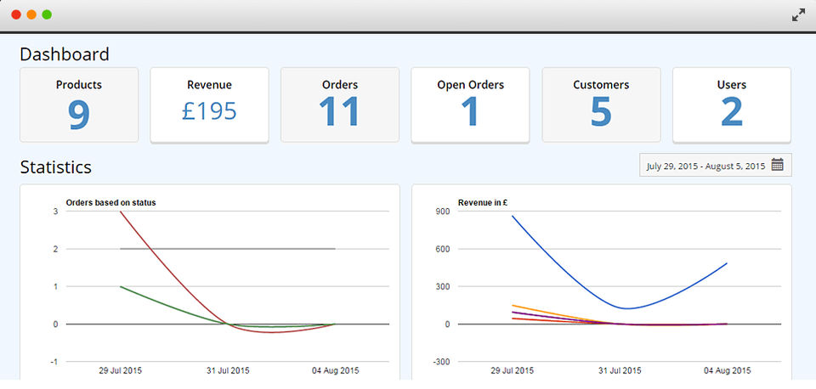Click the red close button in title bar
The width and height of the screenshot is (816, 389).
pyautogui.click(x=16, y=14)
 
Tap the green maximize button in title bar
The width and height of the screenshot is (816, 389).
pyautogui.click(x=47, y=14)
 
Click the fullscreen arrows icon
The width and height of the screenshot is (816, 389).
pyautogui.click(x=798, y=14)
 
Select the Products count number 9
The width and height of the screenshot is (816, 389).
pyautogui.click(x=79, y=114)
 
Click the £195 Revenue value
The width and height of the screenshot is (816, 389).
pyautogui.click(x=209, y=111)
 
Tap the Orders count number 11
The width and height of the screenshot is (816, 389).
pyautogui.click(x=339, y=113)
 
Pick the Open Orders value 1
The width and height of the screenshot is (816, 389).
pyautogui.click(x=470, y=113)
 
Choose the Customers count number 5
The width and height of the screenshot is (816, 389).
pyautogui.click(x=601, y=113)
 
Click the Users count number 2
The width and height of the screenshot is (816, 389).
pyautogui.click(x=731, y=113)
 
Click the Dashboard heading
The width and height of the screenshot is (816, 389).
pyautogui.click(x=65, y=54)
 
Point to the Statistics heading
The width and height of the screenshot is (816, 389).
pyautogui.click(x=56, y=167)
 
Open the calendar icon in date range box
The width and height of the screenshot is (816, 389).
pyautogui.click(x=777, y=166)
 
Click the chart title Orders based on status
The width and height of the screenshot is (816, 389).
pyautogui.click(x=110, y=202)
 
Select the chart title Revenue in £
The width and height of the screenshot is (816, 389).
pyautogui.click(x=483, y=202)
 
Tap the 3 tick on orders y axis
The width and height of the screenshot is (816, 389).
pyautogui.click(x=55, y=211)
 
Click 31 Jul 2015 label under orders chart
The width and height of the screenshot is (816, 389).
pyautogui.click(x=227, y=371)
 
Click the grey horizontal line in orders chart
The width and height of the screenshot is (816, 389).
pyautogui.click(x=255, y=249)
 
